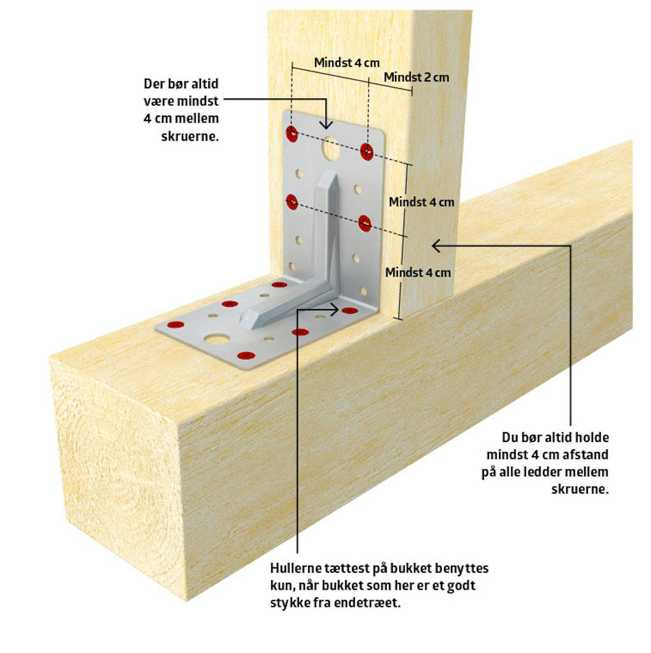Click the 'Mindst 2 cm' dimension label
click(x=416, y=77)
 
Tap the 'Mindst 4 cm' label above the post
click(x=347, y=63)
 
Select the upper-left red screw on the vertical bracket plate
click(x=292, y=133)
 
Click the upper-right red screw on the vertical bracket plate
click(x=367, y=152)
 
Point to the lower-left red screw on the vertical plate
click(x=292, y=201)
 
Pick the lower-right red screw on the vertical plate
click(x=365, y=223)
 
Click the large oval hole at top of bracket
click(x=331, y=148)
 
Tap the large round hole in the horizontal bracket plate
click(x=217, y=338)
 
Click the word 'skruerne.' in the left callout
click(x=190, y=136)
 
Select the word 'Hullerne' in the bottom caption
click(x=295, y=568)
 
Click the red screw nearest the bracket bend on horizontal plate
click(x=349, y=310)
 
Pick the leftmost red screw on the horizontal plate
click(x=176, y=324)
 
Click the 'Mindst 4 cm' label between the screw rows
click(x=421, y=202)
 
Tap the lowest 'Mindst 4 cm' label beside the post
click(x=418, y=273)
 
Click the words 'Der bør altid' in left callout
click(x=181, y=83)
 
